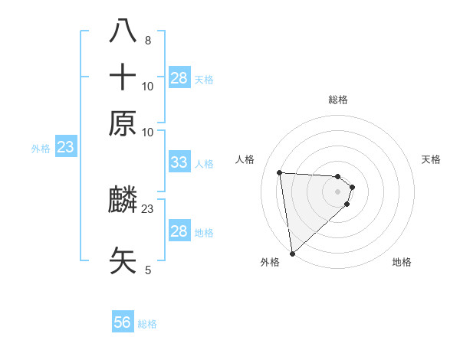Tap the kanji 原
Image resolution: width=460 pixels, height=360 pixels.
coord(123,123)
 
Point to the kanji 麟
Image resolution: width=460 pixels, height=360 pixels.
coord(123,201)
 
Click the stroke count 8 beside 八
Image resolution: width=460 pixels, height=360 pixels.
coord(147,40)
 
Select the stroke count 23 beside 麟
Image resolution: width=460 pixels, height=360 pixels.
coord(148,208)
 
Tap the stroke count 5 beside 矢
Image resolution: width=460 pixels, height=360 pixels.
coord(148,270)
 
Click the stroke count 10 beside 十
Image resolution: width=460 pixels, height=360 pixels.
coord(148,86)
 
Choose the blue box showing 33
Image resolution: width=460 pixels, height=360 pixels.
coord(179,162)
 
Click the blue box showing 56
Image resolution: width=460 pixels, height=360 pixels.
coord(123,322)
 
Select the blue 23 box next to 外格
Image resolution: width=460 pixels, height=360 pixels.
coord(65,147)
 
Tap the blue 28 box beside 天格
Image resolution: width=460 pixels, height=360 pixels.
coord(179,77)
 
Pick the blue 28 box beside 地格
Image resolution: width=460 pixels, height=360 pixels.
coord(179,231)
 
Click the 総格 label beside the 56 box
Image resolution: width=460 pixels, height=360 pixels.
coord(148,324)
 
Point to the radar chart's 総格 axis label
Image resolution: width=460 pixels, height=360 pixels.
coord(338,100)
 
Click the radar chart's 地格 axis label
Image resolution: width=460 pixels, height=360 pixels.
coord(402,263)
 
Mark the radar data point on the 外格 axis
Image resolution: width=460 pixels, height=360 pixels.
coord(292,254)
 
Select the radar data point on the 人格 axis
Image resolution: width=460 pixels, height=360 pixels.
coord(280,172)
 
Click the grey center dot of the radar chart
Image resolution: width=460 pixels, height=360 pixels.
coord(338,191)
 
